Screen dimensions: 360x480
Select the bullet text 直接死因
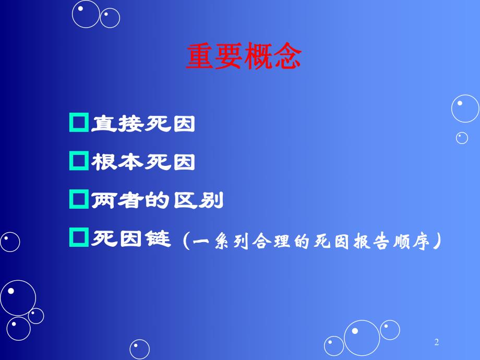(x=143, y=124)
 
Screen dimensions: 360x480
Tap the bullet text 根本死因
(x=143, y=162)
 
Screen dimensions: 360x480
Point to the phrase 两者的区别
(x=157, y=200)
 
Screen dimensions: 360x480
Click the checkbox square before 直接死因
(x=78, y=124)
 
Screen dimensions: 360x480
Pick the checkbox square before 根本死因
(x=78, y=162)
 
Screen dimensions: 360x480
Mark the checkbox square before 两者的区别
(x=78, y=200)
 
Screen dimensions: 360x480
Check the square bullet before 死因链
(x=78, y=238)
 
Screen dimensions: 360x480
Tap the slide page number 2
(x=437, y=342)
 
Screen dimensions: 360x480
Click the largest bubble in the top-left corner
(x=86, y=14)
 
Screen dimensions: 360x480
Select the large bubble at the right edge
(x=465, y=109)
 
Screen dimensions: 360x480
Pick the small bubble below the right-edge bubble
(x=462, y=138)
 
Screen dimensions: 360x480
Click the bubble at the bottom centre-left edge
(x=139, y=349)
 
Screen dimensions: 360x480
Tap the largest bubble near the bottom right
(x=362, y=337)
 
